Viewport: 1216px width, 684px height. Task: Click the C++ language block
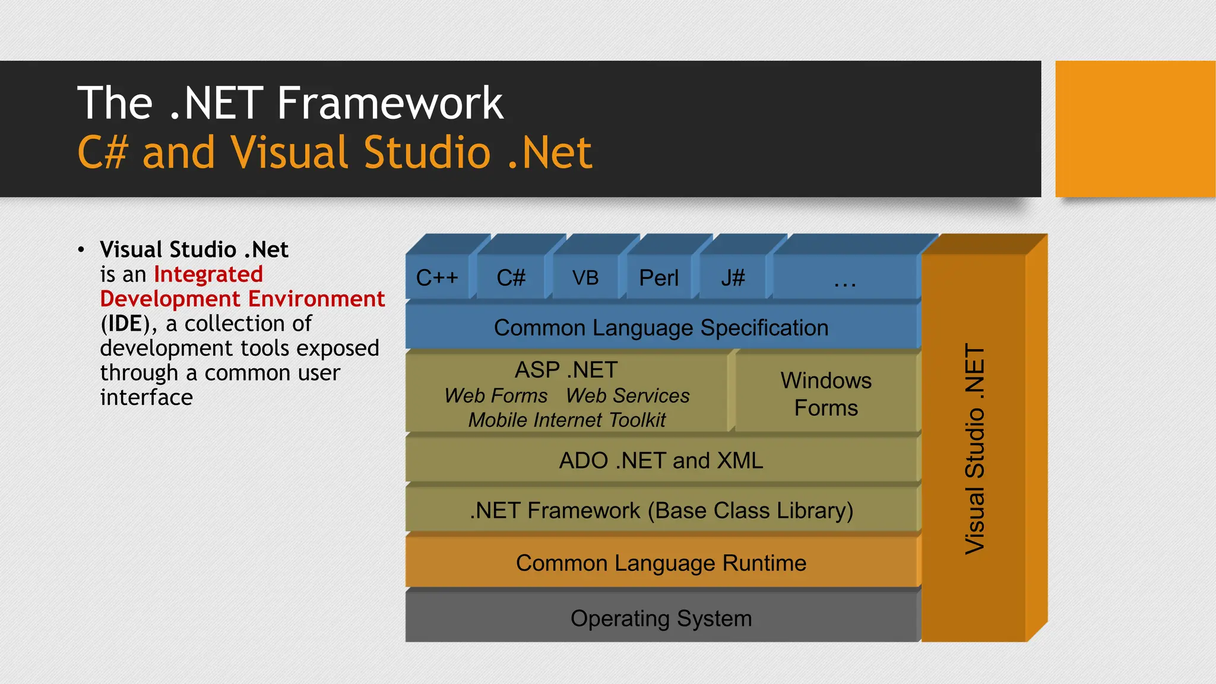(438, 277)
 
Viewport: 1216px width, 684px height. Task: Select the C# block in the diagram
(511, 277)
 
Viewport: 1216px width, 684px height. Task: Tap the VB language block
(585, 277)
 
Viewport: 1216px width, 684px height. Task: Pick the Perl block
(658, 277)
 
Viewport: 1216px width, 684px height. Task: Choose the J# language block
(733, 277)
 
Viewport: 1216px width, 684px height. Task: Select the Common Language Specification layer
(661, 328)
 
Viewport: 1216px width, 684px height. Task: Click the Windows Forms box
(826, 394)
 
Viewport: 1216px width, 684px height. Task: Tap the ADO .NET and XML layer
(661, 461)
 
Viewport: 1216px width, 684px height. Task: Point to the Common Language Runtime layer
(661, 563)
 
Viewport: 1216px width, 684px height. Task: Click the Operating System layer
(661, 618)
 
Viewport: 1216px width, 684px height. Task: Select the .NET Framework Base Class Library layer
(661, 511)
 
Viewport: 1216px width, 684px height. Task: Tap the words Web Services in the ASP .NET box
(628, 395)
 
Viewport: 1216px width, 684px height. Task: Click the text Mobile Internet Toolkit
(567, 420)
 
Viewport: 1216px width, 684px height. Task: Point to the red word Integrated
(208, 274)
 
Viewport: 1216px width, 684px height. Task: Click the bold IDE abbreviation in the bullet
(125, 324)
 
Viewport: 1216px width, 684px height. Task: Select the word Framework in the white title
(390, 103)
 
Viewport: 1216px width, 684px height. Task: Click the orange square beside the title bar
(1135, 129)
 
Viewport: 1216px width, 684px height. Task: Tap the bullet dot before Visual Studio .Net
(81, 249)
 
